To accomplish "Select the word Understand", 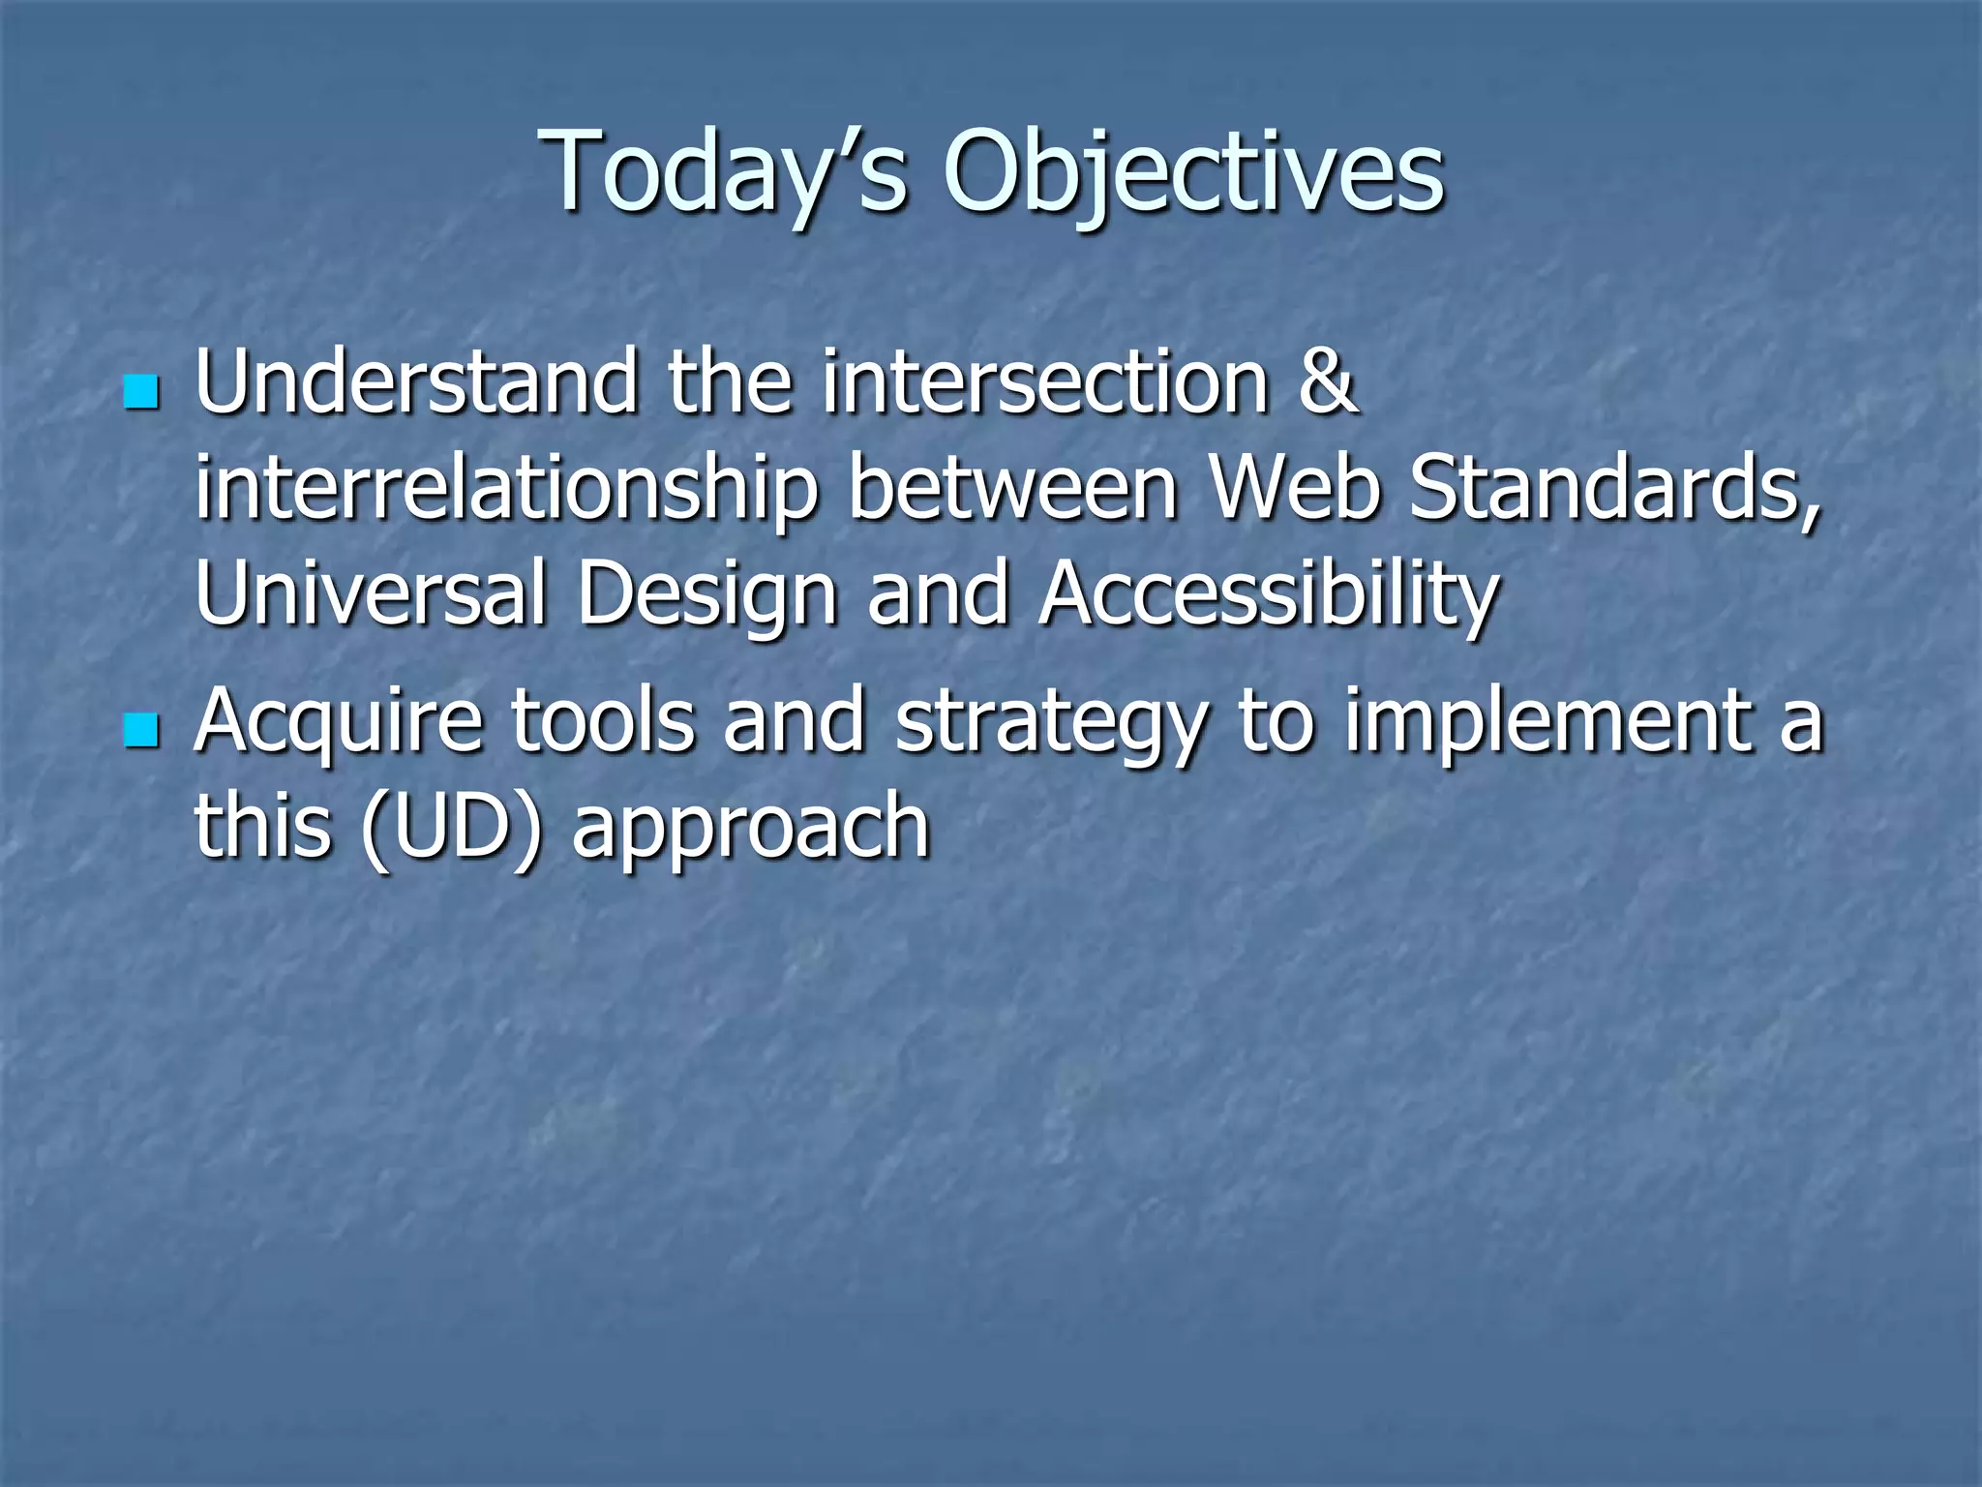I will click(x=416, y=383).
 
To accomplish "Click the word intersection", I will click(x=1045, y=383).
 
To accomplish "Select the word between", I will click(x=1012, y=488).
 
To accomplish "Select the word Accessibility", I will click(x=1269, y=594).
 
